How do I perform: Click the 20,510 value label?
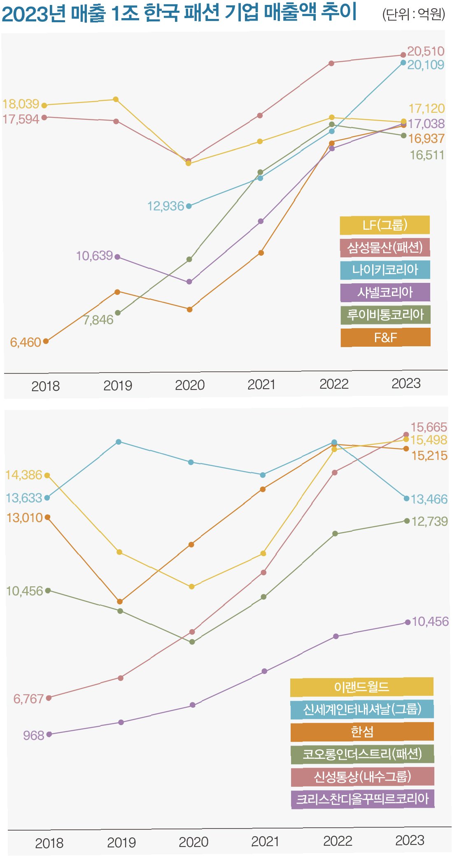coord(426,51)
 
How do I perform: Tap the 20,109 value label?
coord(426,65)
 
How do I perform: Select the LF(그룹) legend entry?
coord(385,225)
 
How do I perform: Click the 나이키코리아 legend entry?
coord(385,270)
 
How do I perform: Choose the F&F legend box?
coord(385,338)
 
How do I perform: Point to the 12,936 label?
coord(165,206)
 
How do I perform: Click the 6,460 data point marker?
coord(46,341)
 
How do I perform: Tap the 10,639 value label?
coord(94,256)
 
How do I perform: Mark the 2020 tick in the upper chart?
coord(190,385)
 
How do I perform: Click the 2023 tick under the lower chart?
coord(410,840)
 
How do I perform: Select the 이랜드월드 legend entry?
coord(361,687)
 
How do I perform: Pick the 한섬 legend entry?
coord(362,732)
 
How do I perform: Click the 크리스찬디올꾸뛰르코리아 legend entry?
coord(362,799)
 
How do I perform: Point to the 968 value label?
coord(33,735)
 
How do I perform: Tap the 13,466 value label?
coord(429,499)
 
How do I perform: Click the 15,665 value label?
coord(429,427)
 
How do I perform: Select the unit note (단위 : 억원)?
coord(414,14)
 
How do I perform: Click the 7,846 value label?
coord(98,320)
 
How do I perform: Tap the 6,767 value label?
coord(28,699)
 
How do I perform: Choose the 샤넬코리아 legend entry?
coord(385,292)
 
